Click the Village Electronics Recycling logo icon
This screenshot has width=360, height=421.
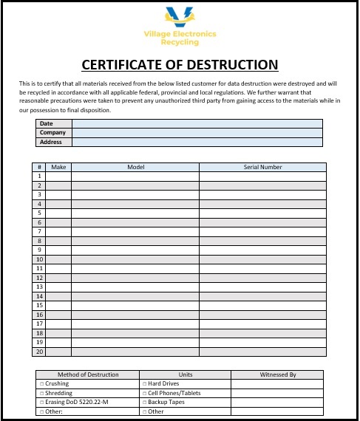(180, 15)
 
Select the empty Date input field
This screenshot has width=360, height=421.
(197, 123)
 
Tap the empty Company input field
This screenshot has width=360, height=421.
(197, 133)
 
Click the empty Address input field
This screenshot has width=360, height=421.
(197, 142)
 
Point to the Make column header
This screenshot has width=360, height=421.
(59, 167)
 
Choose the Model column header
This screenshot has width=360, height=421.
(135, 167)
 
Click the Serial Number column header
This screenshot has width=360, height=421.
(262, 167)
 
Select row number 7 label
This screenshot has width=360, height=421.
(39, 231)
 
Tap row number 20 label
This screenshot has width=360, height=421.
(39, 352)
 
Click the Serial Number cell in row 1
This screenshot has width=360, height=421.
(262, 177)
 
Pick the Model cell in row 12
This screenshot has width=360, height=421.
(135, 278)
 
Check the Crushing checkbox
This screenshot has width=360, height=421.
(41, 384)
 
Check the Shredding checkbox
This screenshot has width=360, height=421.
(41, 393)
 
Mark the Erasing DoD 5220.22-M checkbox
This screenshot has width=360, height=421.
(41, 402)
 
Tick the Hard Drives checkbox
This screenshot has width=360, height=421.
(144, 384)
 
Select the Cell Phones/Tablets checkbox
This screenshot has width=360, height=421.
(144, 393)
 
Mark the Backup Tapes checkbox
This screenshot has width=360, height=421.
(144, 402)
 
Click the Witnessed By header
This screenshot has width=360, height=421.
(277, 374)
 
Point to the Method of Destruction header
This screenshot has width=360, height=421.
(88, 374)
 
